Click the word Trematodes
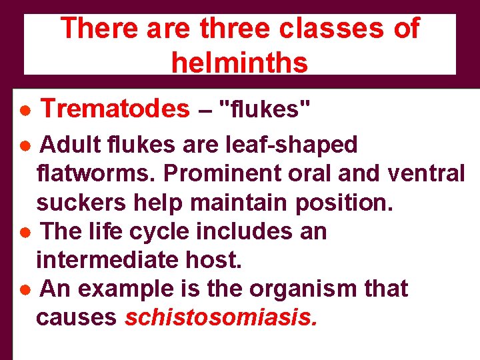[x=115, y=108]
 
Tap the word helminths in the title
[x=239, y=63]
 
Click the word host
[x=219, y=260]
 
